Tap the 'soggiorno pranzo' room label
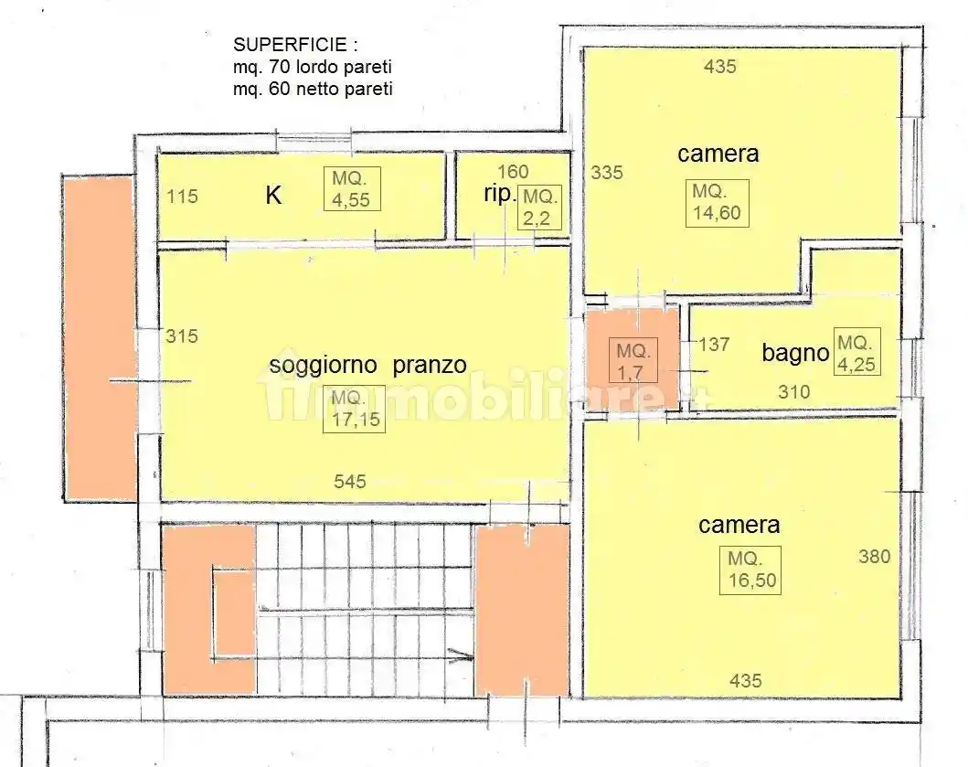pyautogui.click(x=367, y=365)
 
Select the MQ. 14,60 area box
pyautogui.click(x=719, y=203)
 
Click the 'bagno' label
pyautogui.click(x=795, y=353)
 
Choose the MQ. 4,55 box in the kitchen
pyautogui.click(x=352, y=189)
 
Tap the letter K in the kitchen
pyautogui.click(x=272, y=195)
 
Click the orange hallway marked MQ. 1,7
pyautogui.click(x=632, y=360)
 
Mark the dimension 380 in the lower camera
pyautogui.click(x=874, y=556)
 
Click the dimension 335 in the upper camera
pyautogui.click(x=607, y=172)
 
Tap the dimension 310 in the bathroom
pyautogui.click(x=794, y=392)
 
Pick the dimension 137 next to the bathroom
pyautogui.click(x=715, y=345)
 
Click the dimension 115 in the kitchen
pyautogui.click(x=182, y=196)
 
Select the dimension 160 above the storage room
pyautogui.click(x=513, y=172)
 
